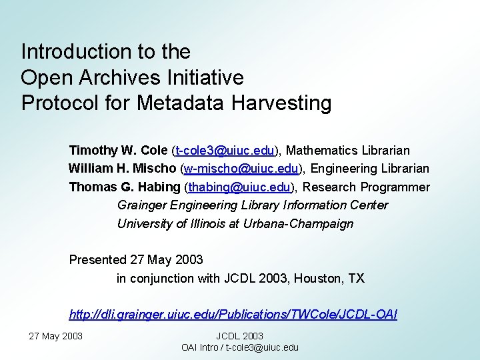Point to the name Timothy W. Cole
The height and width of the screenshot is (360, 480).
[x=118, y=151]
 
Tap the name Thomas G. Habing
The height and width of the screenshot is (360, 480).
[x=125, y=187]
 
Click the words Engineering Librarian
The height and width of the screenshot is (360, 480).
[x=371, y=169]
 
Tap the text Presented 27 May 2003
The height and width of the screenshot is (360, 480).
[x=136, y=259]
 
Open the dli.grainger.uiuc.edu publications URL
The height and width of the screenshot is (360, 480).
[x=233, y=314]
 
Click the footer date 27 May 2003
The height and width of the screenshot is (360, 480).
[x=56, y=336]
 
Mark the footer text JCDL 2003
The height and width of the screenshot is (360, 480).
[x=240, y=337]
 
